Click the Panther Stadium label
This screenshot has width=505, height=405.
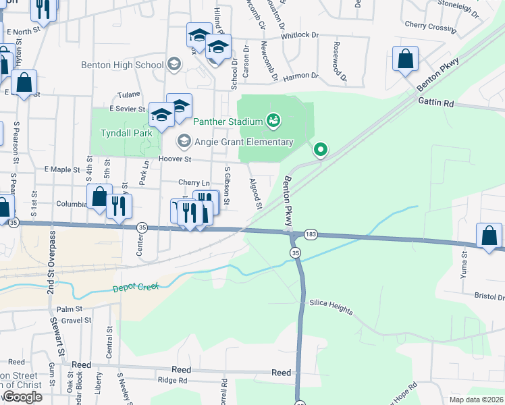click(x=228, y=122)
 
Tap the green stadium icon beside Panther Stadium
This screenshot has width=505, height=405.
click(x=273, y=121)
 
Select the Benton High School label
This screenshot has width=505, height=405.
click(x=122, y=65)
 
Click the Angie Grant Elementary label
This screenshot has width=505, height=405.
click(x=244, y=142)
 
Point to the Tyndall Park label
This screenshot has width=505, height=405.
click(x=126, y=134)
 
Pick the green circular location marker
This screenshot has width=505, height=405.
click(x=321, y=149)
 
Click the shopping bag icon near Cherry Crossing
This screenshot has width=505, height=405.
click(x=406, y=59)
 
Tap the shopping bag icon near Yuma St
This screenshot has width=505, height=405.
click(x=489, y=236)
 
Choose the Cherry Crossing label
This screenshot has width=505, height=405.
click(x=431, y=28)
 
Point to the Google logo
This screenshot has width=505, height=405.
click(x=22, y=397)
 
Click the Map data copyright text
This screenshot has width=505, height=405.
click(x=476, y=400)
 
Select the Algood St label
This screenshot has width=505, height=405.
click(x=255, y=190)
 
